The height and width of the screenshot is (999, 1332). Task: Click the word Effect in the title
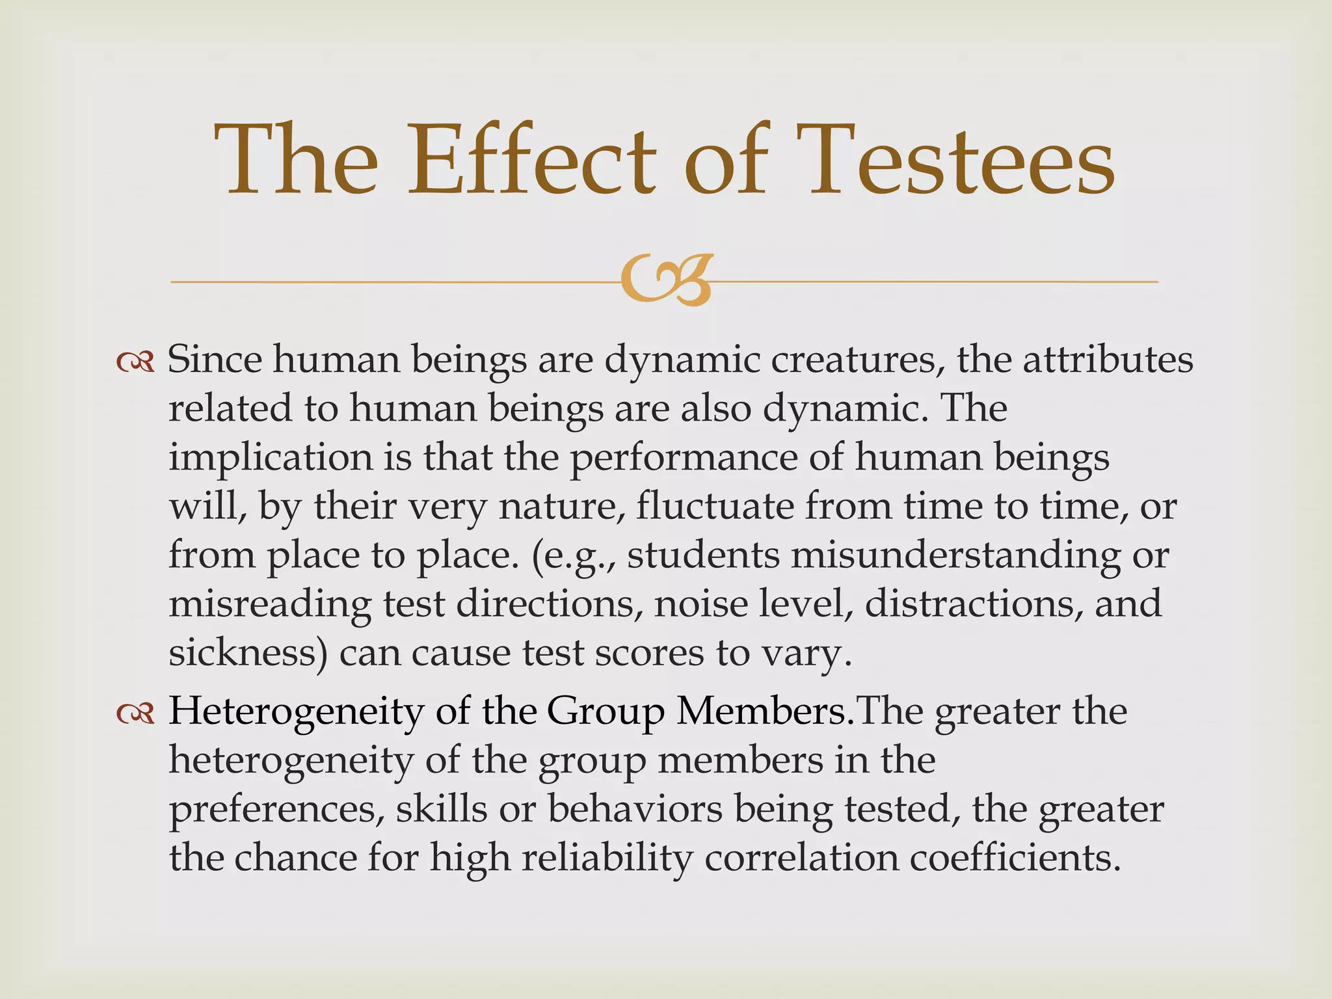[x=531, y=161]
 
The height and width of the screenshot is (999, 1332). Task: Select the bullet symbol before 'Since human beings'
[x=135, y=362]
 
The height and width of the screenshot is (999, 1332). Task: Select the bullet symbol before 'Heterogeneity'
[x=135, y=714]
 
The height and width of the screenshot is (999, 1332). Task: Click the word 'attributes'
[x=1108, y=360]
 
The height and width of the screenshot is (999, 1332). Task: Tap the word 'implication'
[x=271, y=458]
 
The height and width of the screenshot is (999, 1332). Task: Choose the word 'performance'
[x=684, y=458]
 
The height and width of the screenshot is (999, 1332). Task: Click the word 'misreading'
[x=270, y=604]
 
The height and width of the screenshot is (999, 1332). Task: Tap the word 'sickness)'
[x=248, y=653]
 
